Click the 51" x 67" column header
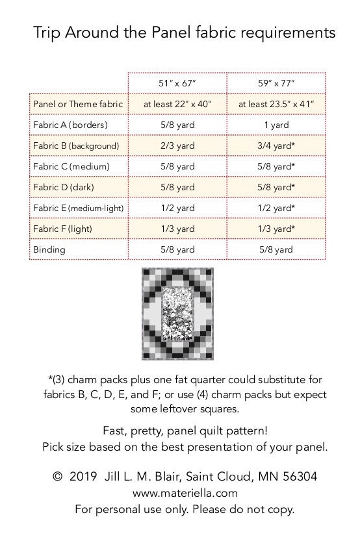[x=177, y=83]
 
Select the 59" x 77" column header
[x=276, y=83]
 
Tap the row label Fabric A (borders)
[x=70, y=125]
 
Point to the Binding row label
[x=49, y=249]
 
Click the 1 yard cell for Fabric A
[x=276, y=125]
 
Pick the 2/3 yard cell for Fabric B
[x=177, y=145]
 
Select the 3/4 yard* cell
[x=276, y=145]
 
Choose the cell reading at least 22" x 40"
[x=177, y=104]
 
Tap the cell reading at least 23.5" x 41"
[x=276, y=104]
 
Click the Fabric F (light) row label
[x=62, y=229]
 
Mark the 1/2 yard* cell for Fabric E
[x=276, y=208]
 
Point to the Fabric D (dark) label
[x=62, y=187]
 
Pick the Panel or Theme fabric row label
[x=77, y=104]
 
